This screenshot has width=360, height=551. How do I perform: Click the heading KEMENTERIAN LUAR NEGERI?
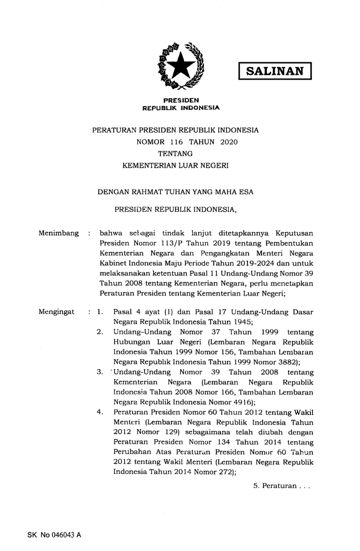tap(176, 167)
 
